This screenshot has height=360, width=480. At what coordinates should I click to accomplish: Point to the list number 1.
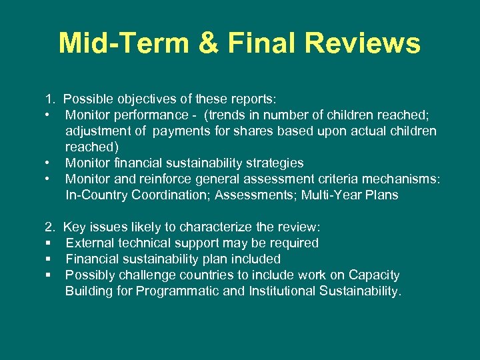[49, 99]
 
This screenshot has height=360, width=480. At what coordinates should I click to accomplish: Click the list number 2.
[49, 227]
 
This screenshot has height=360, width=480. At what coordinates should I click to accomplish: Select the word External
[89, 243]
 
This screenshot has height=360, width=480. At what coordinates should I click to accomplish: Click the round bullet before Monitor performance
[48, 115]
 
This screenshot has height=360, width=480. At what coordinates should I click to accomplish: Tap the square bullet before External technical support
[48, 243]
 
